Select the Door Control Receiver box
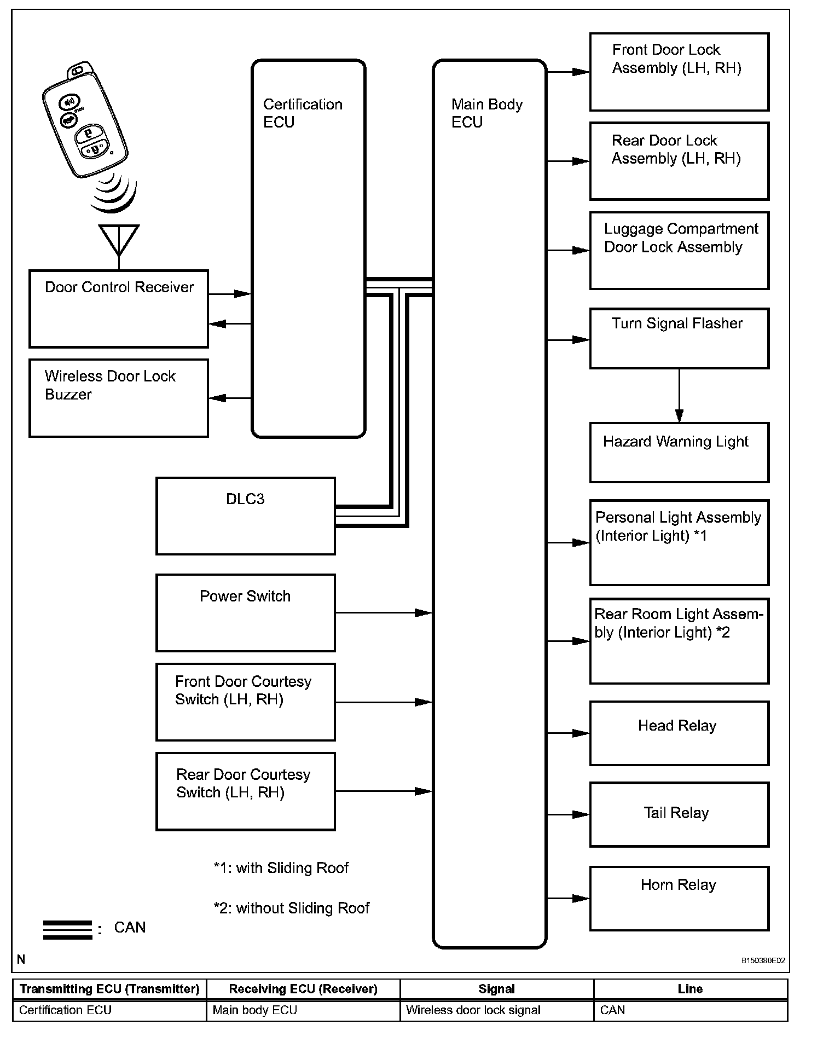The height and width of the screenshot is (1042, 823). [119, 309]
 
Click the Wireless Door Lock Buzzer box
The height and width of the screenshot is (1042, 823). [119, 398]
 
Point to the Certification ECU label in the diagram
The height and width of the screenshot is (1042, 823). [303, 113]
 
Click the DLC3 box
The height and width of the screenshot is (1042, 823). [245, 516]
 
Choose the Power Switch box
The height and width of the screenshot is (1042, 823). [245, 612]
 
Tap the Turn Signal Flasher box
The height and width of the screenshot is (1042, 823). [679, 338]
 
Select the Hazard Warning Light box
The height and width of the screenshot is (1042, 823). [679, 452]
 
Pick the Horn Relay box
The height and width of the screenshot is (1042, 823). [679, 898]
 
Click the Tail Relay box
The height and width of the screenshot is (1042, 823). [679, 814]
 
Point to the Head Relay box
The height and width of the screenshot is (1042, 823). [679, 733]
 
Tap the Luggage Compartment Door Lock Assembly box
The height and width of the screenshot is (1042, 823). [679, 250]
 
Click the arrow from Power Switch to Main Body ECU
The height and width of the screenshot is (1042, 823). [383, 612]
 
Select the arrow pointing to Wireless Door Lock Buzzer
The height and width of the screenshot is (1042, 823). [230, 398]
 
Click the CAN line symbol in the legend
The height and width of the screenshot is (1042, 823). [67, 930]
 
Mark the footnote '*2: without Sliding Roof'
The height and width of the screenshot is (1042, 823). [291, 908]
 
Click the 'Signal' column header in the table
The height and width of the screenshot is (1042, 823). [496, 989]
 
